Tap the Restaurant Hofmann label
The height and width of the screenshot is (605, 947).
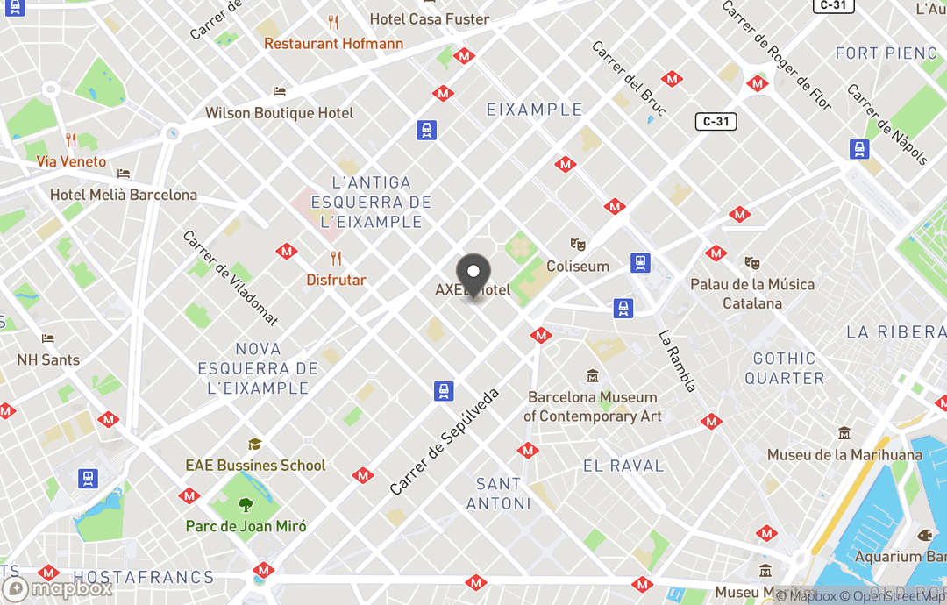pyautogui.click(x=333, y=43)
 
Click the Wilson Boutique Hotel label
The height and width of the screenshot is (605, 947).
pyautogui.click(x=279, y=113)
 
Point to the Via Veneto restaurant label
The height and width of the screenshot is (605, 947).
pyautogui.click(x=71, y=161)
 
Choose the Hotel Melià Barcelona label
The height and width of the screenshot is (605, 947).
pyautogui.click(x=124, y=195)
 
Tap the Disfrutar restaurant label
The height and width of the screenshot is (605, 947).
pyautogui.click(x=336, y=280)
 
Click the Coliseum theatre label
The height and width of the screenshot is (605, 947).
pyautogui.click(x=577, y=266)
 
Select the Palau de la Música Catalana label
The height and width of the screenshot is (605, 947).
pyautogui.click(x=751, y=294)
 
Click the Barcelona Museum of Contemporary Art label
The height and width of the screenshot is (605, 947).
pyautogui.click(x=593, y=406)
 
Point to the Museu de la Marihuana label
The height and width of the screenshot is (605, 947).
pyautogui.click(x=844, y=454)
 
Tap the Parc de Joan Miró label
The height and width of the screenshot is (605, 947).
pyautogui.click(x=246, y=526)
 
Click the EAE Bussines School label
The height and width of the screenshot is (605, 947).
pyautogui.click(x=255, y=465)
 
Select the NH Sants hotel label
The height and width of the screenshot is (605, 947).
pyautogui.click(x=48, y=359)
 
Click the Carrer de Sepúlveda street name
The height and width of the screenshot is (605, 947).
pyautogui.click(x=445, y=441)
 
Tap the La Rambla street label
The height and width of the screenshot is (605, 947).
pyautogui.click(x=677, y=360)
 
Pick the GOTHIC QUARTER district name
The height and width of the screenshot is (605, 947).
pyautogui.click(x=784, y=368)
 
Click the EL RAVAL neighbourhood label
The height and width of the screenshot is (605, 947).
pyautogui.click(x=623, y=466)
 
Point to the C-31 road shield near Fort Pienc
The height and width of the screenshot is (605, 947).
pyautogui.click(x=716, y=121)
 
